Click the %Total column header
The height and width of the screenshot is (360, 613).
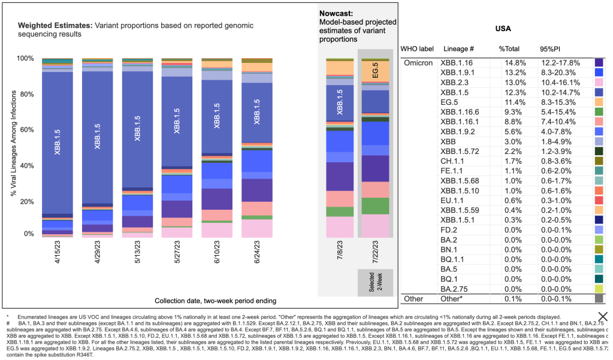pyautogui.click(x=511, y=49)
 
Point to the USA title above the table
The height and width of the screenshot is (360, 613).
pyautogui.click(x=503, y=29)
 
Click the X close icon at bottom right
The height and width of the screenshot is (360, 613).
pyautogui.click(x=602, y=317)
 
